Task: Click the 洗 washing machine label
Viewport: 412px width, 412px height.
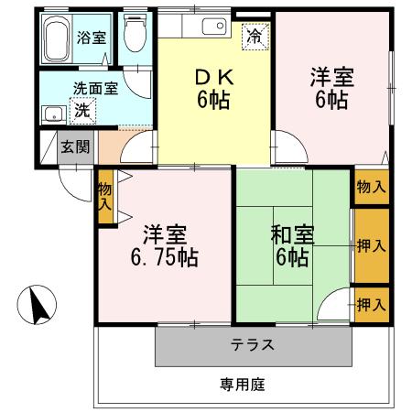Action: [x=81, y=111]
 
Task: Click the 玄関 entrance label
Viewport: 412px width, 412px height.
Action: [x=73, y=147]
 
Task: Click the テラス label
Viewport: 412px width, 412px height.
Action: [x=253, y=346]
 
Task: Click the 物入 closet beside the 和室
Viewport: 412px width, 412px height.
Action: [x=370, y=187]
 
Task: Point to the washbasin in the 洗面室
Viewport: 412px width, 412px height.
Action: [x=52, y=115]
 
